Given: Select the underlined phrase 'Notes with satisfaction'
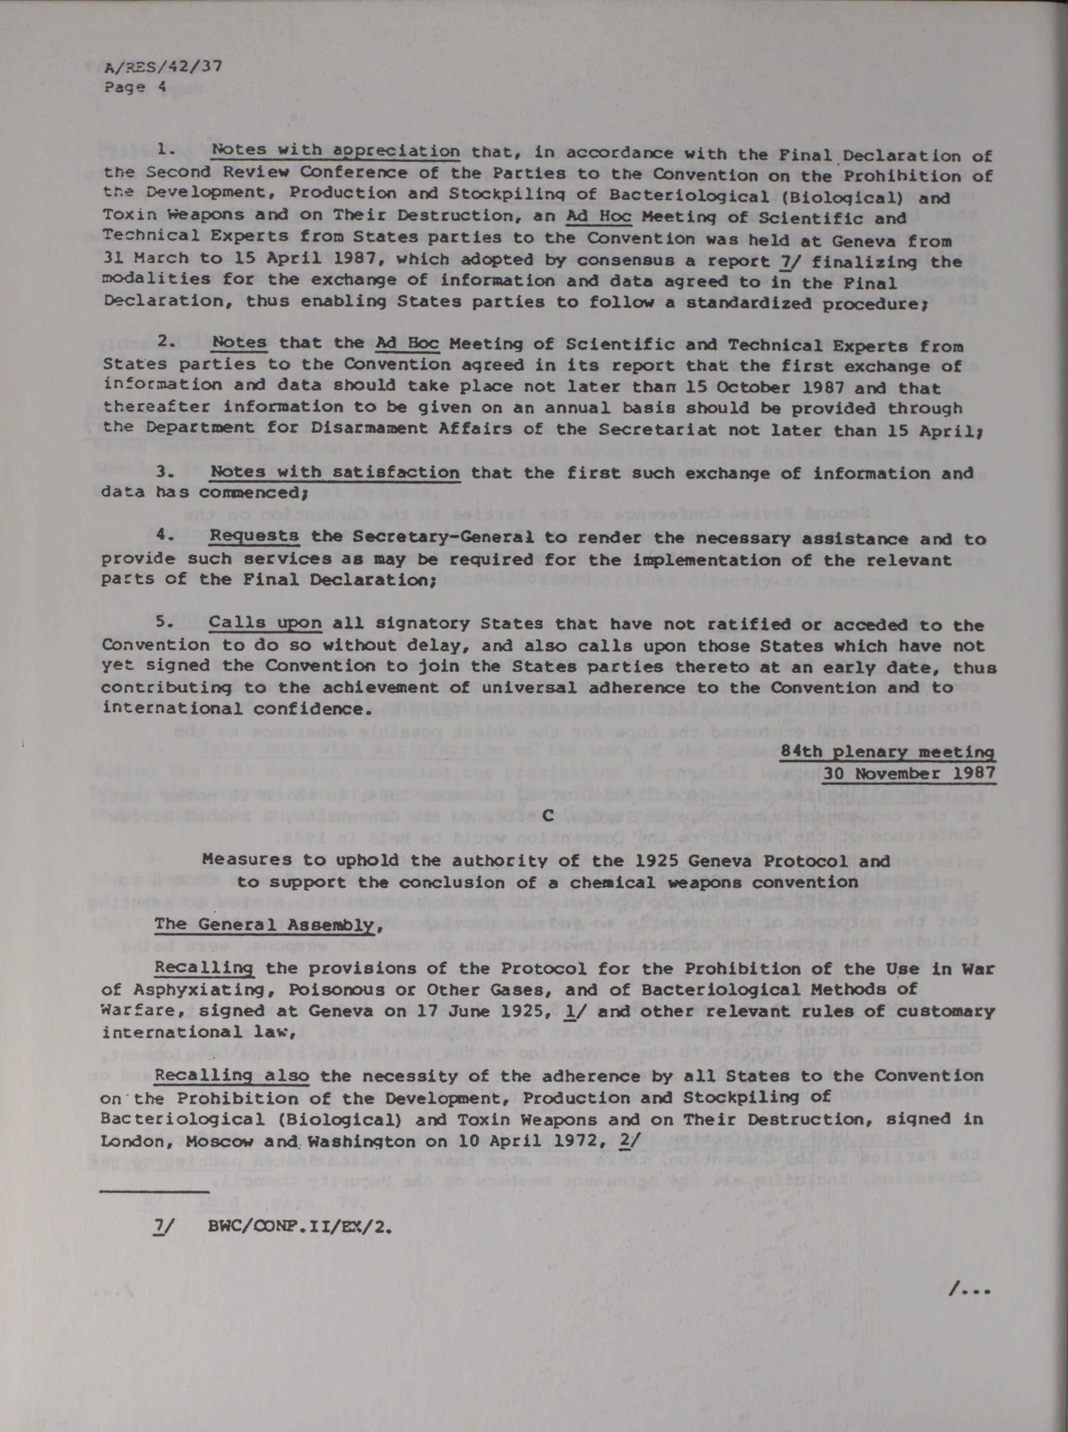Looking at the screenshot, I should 335,473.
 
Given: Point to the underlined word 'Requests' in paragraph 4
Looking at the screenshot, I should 254,537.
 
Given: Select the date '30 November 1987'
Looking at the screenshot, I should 909,773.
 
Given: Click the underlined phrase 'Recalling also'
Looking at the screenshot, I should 232,1076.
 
